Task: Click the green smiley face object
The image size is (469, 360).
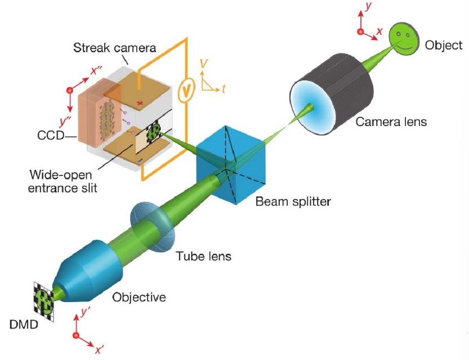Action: click(403, 39)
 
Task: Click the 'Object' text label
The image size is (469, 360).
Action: click(444, 45)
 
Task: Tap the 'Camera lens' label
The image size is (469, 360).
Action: click(391, 121)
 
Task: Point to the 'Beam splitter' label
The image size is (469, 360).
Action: click(293, 201)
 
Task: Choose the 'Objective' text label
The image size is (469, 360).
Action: click(139, 296)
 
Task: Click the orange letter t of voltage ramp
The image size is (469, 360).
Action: click(223, 88)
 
